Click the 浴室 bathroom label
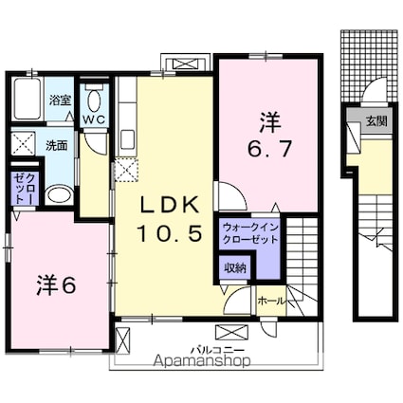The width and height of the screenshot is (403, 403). [x=60, y=101]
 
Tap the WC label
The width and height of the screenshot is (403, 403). [x=94, y=119]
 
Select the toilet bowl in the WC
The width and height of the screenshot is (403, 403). [x=94, y=101]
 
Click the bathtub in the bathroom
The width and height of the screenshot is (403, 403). [x=27, y=99]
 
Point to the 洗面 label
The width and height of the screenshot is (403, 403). [x=57, y=145]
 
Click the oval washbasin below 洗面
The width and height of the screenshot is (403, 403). [x=59, y=195]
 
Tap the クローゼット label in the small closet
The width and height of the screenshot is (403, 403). [x=26, y=189]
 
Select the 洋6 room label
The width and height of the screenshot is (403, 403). [x=56, y=285]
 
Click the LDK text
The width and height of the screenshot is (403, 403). [x=169, y=205]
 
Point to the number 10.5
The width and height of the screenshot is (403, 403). [x=170, y=234]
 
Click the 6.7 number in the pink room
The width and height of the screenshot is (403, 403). [x=268, y=149]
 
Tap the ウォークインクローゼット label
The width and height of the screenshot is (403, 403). [x=250, y=233]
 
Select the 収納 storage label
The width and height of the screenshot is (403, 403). [x=235, y=268]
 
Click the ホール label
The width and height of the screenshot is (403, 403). [x=272, y=301]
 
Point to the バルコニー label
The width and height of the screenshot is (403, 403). [x=217, y=350]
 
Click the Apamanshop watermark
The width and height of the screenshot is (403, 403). [x=202, y=360]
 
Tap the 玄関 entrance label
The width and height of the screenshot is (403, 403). [x=376, y=121]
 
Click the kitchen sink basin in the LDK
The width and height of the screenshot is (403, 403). [x=128, y=139]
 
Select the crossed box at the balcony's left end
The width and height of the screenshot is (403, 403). [x=122, y=340]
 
